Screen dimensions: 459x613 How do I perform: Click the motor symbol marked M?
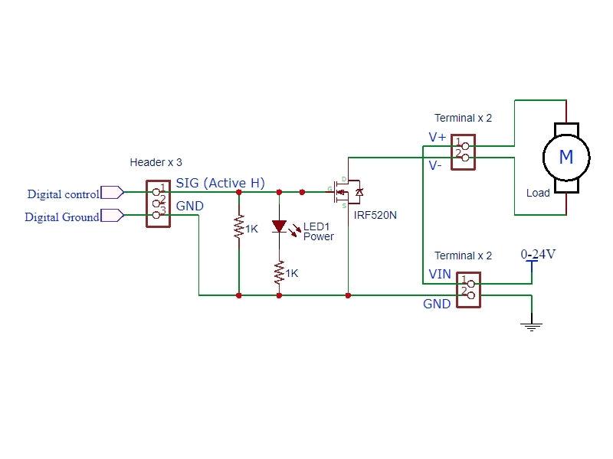point(566,158)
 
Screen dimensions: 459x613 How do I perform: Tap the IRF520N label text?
point(375,216)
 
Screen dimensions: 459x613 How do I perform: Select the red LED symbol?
point(279,226)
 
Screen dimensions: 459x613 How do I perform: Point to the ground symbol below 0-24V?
point(531,324)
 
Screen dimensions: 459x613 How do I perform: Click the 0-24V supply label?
point(538,254)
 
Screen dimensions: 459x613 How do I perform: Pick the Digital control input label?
point(63,194)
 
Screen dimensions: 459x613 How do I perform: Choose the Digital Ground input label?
point(62,217)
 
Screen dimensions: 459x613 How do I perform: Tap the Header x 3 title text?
point(156,163)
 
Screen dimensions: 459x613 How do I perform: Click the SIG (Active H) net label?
point(221,183)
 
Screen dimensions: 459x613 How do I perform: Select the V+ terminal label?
point(438,138)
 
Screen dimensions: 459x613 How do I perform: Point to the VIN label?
point(440,274)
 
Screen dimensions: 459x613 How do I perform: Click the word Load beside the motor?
point(538,193)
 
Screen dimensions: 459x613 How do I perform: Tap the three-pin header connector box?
point(158,203)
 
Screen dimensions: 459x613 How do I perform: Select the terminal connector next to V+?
point(464,149)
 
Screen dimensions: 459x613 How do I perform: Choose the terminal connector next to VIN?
point(468,290)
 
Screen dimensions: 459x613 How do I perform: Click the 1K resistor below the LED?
point(279,272)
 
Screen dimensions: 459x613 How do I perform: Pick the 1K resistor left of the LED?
point(239,228)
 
